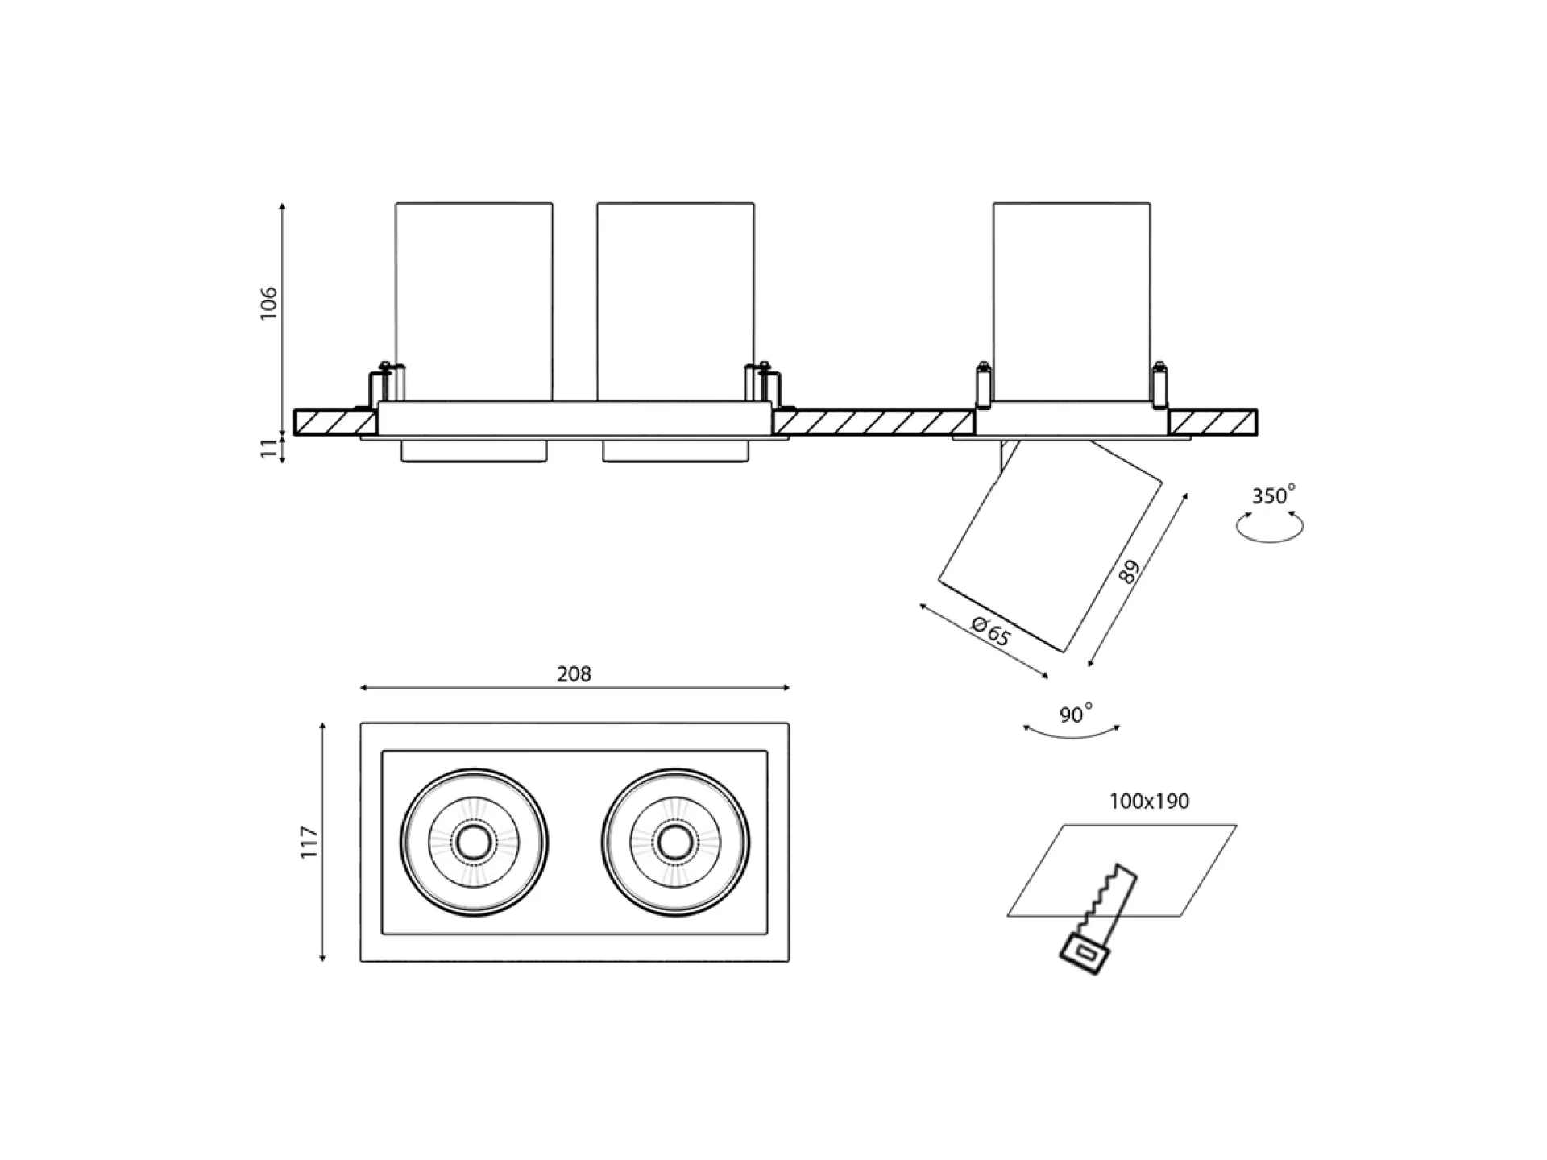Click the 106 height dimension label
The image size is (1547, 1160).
click(x=268, y=303)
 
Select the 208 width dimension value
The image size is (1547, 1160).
click(x=574, y=674)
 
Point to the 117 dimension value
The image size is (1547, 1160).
click(x=310, y=842)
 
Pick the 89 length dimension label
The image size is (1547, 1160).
click(x=1130, y=572)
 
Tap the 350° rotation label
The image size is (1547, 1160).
click(x=1273, y=495)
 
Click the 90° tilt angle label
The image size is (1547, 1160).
click(x=1076, y=714)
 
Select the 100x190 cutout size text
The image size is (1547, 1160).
click(x=1149, y=802)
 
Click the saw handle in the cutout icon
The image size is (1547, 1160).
click(x=1085, y=955)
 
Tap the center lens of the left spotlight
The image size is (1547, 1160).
click(x=474, y=843)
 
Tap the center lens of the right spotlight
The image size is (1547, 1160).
click(x=675, y=843)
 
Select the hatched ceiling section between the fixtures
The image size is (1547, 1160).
click(x=873, y=422)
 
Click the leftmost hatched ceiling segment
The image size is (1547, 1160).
click(x=335, y=422)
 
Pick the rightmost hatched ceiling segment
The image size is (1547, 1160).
click(x=1213, y=422)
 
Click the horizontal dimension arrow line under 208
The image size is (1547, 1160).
click(x=574, y=688)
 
